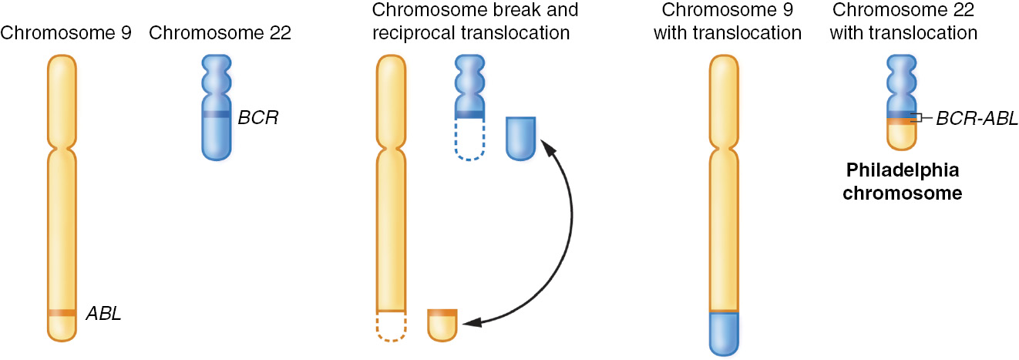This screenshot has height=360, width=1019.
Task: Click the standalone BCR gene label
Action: click(x=258, y=118)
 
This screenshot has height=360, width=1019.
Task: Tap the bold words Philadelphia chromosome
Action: click(x=902, y=181)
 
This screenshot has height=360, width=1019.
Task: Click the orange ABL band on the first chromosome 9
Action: click(x=62, y=312)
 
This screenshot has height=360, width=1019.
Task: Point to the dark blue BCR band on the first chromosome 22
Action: click(x=216, y=114)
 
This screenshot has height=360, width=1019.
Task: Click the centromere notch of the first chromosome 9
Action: click(x=62, y=145)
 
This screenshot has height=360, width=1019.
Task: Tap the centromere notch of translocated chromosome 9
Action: click(x=724, y=145)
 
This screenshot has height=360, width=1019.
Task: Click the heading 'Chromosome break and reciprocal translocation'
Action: click(x=474, y=22)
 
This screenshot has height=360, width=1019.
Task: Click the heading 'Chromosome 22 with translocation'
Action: click(x=905, y=22)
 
